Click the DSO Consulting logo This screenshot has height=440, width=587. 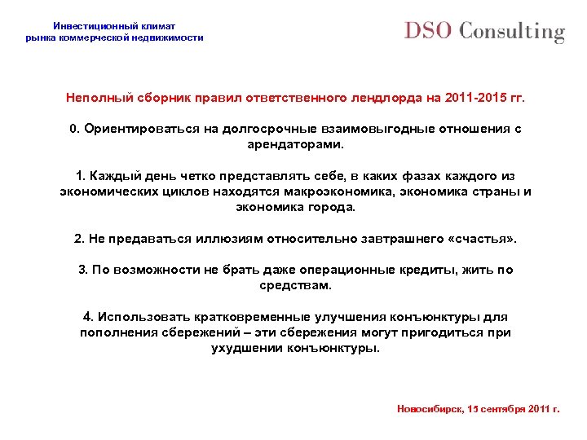484,32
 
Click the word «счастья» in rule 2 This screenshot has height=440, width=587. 480,239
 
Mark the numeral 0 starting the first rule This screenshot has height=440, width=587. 73,130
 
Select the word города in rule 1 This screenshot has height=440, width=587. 333,207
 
